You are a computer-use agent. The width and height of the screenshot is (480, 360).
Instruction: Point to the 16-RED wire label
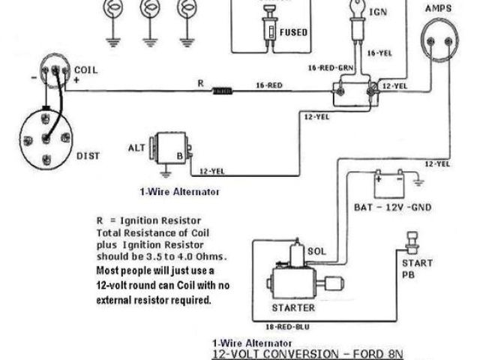tap(268, 85)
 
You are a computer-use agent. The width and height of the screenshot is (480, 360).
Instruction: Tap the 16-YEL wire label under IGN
tap(379, 54)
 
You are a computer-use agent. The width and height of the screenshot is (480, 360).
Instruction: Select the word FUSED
tap(293, 33)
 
